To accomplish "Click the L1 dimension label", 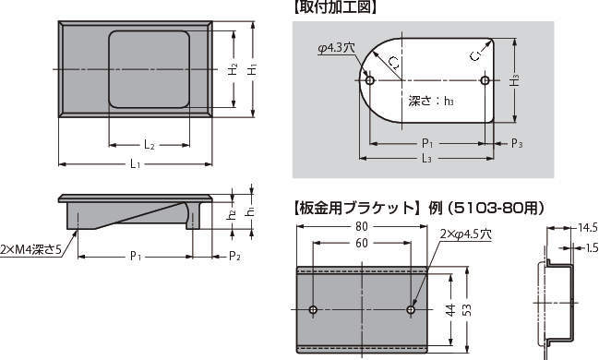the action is pyautogui.click(x=136, y=164).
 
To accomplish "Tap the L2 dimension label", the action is pyautogui.click(x=150, y=145).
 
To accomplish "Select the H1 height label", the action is pyautogui.click(x=252, y=70).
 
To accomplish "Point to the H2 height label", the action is pyautogui.click(x=233, y=69).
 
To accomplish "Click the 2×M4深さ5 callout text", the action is pyautogui.click(x=31, y=249).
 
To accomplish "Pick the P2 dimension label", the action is pyautogui.click(x=234, y=256).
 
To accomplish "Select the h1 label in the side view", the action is pyautogui.click(x=251, y=211).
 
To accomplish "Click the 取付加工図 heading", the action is pyautogui.click(x=335, y=7).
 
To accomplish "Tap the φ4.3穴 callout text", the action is pyautogui.click(x=337, y=48).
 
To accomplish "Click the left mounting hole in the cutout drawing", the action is pyautogui.click(x=370, y=80).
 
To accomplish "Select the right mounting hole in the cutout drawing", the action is pyautogui.click(x=485, y=80).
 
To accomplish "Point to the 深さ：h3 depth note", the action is pyautogui.click(x=431, y=102).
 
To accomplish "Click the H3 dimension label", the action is pyautogui.click(x=515, y=81).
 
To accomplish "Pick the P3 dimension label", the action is pyautogui.click(x=517, y=144).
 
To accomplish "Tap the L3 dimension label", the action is pyautogui.click(x=426, y=158).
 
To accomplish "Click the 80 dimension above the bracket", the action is pyautogui.click(x=362, y=227).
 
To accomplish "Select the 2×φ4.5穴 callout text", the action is pyautogui.click(x=465, y=234).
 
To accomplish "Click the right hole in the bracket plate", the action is pyautogui.click(x=411, y=309).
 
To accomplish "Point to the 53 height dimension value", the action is pyautogui.click(x=467, y=309).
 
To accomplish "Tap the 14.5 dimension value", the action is pyautogui.click(x=588, y=228).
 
